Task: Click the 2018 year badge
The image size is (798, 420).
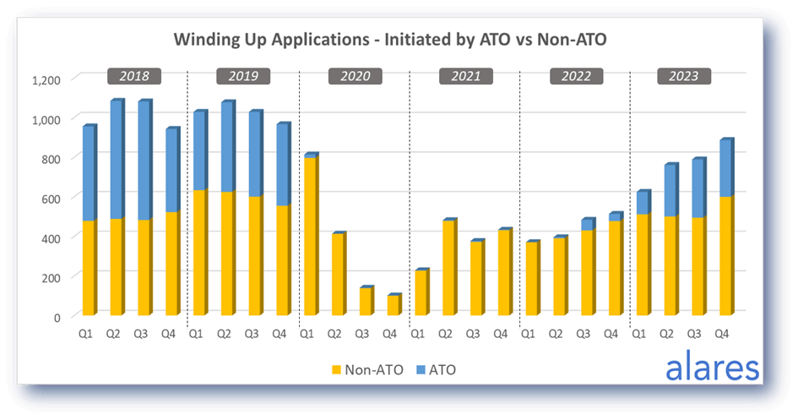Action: click(x=134, y=76)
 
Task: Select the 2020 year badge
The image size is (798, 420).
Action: click(x=356, y=76)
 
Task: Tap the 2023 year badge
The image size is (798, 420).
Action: click(x=684, y=76)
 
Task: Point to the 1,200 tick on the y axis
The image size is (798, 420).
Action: click(x=46, y=80)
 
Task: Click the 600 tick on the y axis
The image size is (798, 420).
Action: click(x=51, y=199)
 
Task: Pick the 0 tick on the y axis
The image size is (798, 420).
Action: click(x=57, y=317)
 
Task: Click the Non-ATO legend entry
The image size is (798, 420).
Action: click(x=367, y=370)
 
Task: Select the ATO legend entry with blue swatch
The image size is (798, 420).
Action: click(x=436, y=370)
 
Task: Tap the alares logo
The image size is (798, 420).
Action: click(x=713, y=366)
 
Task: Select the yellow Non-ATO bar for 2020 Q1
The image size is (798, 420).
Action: click(x=311, y=236)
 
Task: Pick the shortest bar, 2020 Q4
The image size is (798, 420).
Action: click(x=394, y=304)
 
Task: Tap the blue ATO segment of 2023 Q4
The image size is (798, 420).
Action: click(x=726, y=167)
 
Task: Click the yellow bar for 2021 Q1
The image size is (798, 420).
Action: click(x=422, y=292)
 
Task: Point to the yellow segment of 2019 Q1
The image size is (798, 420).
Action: click(x=200, y=253)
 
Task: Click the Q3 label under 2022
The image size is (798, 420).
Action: click(x=584, y=334)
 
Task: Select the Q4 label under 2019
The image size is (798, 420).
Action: click(x=279, y=334)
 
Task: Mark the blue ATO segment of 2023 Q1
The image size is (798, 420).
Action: click(x=643, y=202)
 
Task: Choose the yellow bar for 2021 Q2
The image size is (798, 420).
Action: click(x=450, y=268)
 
